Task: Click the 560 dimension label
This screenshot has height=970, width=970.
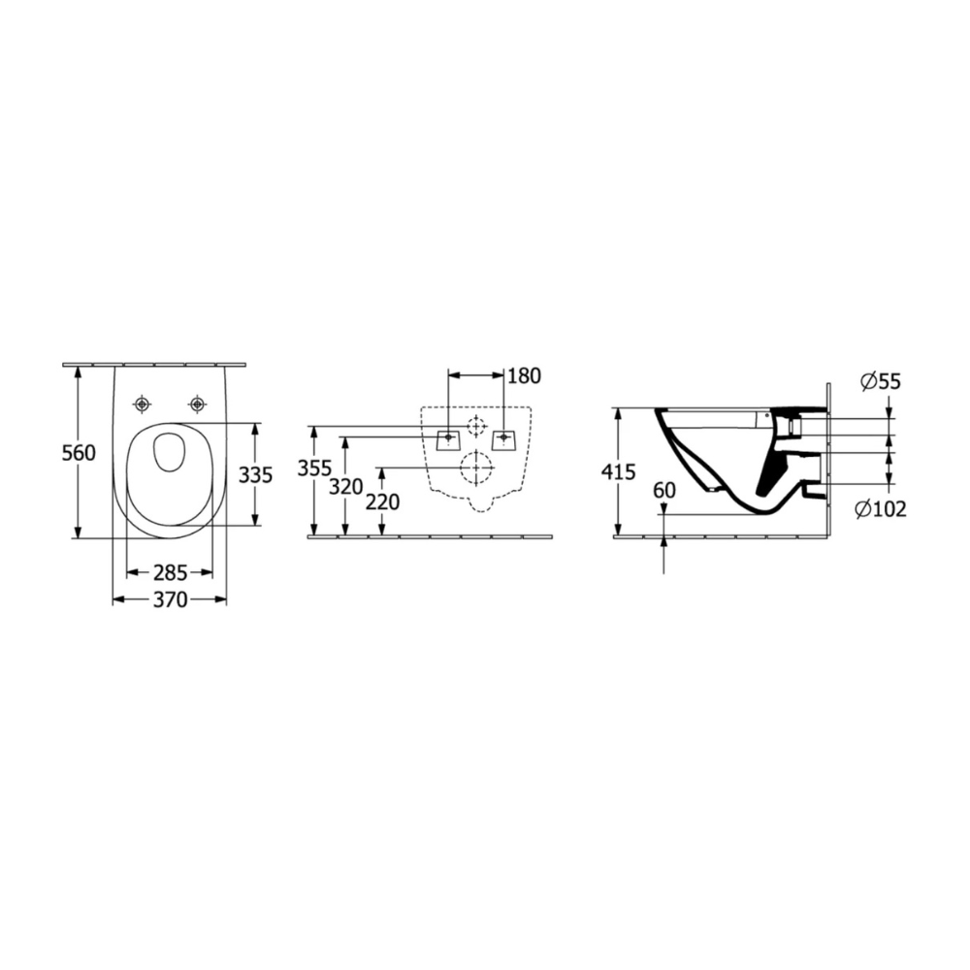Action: tap(80, 453)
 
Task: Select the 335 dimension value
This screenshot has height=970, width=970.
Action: tap(255, 475)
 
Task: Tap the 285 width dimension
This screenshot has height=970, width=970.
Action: tap(170, 573)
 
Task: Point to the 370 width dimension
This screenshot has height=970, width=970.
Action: tap(170, 599)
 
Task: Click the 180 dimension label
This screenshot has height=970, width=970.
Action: tap(524, 375)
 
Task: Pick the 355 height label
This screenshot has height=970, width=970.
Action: tap(315, 469)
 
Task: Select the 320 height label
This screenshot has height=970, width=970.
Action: tap(346, 487)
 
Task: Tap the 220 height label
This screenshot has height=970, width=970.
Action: tap(382, 501)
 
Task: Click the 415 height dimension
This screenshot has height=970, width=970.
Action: tap(618, 472)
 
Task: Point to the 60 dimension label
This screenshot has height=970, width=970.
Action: tap(664, 490)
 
